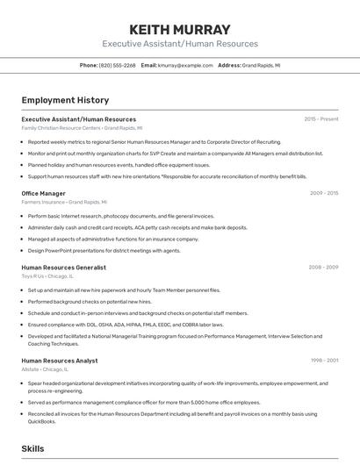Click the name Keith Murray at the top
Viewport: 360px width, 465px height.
pos(179,29)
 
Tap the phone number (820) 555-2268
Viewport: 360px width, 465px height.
pos(117,65)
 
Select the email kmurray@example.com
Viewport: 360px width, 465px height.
pos(185,65)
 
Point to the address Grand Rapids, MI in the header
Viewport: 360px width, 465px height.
pos(261,65)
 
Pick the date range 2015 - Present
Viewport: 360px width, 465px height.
pos(320,119)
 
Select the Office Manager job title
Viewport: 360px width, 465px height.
pos(43,193)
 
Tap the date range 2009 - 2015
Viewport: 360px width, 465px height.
pos(324,193)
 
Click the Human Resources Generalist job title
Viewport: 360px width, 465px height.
pos(63,268)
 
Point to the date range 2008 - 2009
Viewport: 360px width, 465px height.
pos(323,268)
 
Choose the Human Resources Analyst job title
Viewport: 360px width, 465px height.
pos(60,361)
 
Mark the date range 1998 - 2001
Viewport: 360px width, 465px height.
pos(324,361)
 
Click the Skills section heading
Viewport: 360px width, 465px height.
pos(32,448)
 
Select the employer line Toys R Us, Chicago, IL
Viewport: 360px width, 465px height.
pos(47,276)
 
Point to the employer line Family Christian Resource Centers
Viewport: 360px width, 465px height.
pos(81,128)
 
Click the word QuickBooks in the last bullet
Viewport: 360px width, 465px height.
pos(41,421)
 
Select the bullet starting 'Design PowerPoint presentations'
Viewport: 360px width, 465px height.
pos(104,250)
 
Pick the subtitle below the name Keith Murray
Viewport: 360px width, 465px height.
pos(179,44)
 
